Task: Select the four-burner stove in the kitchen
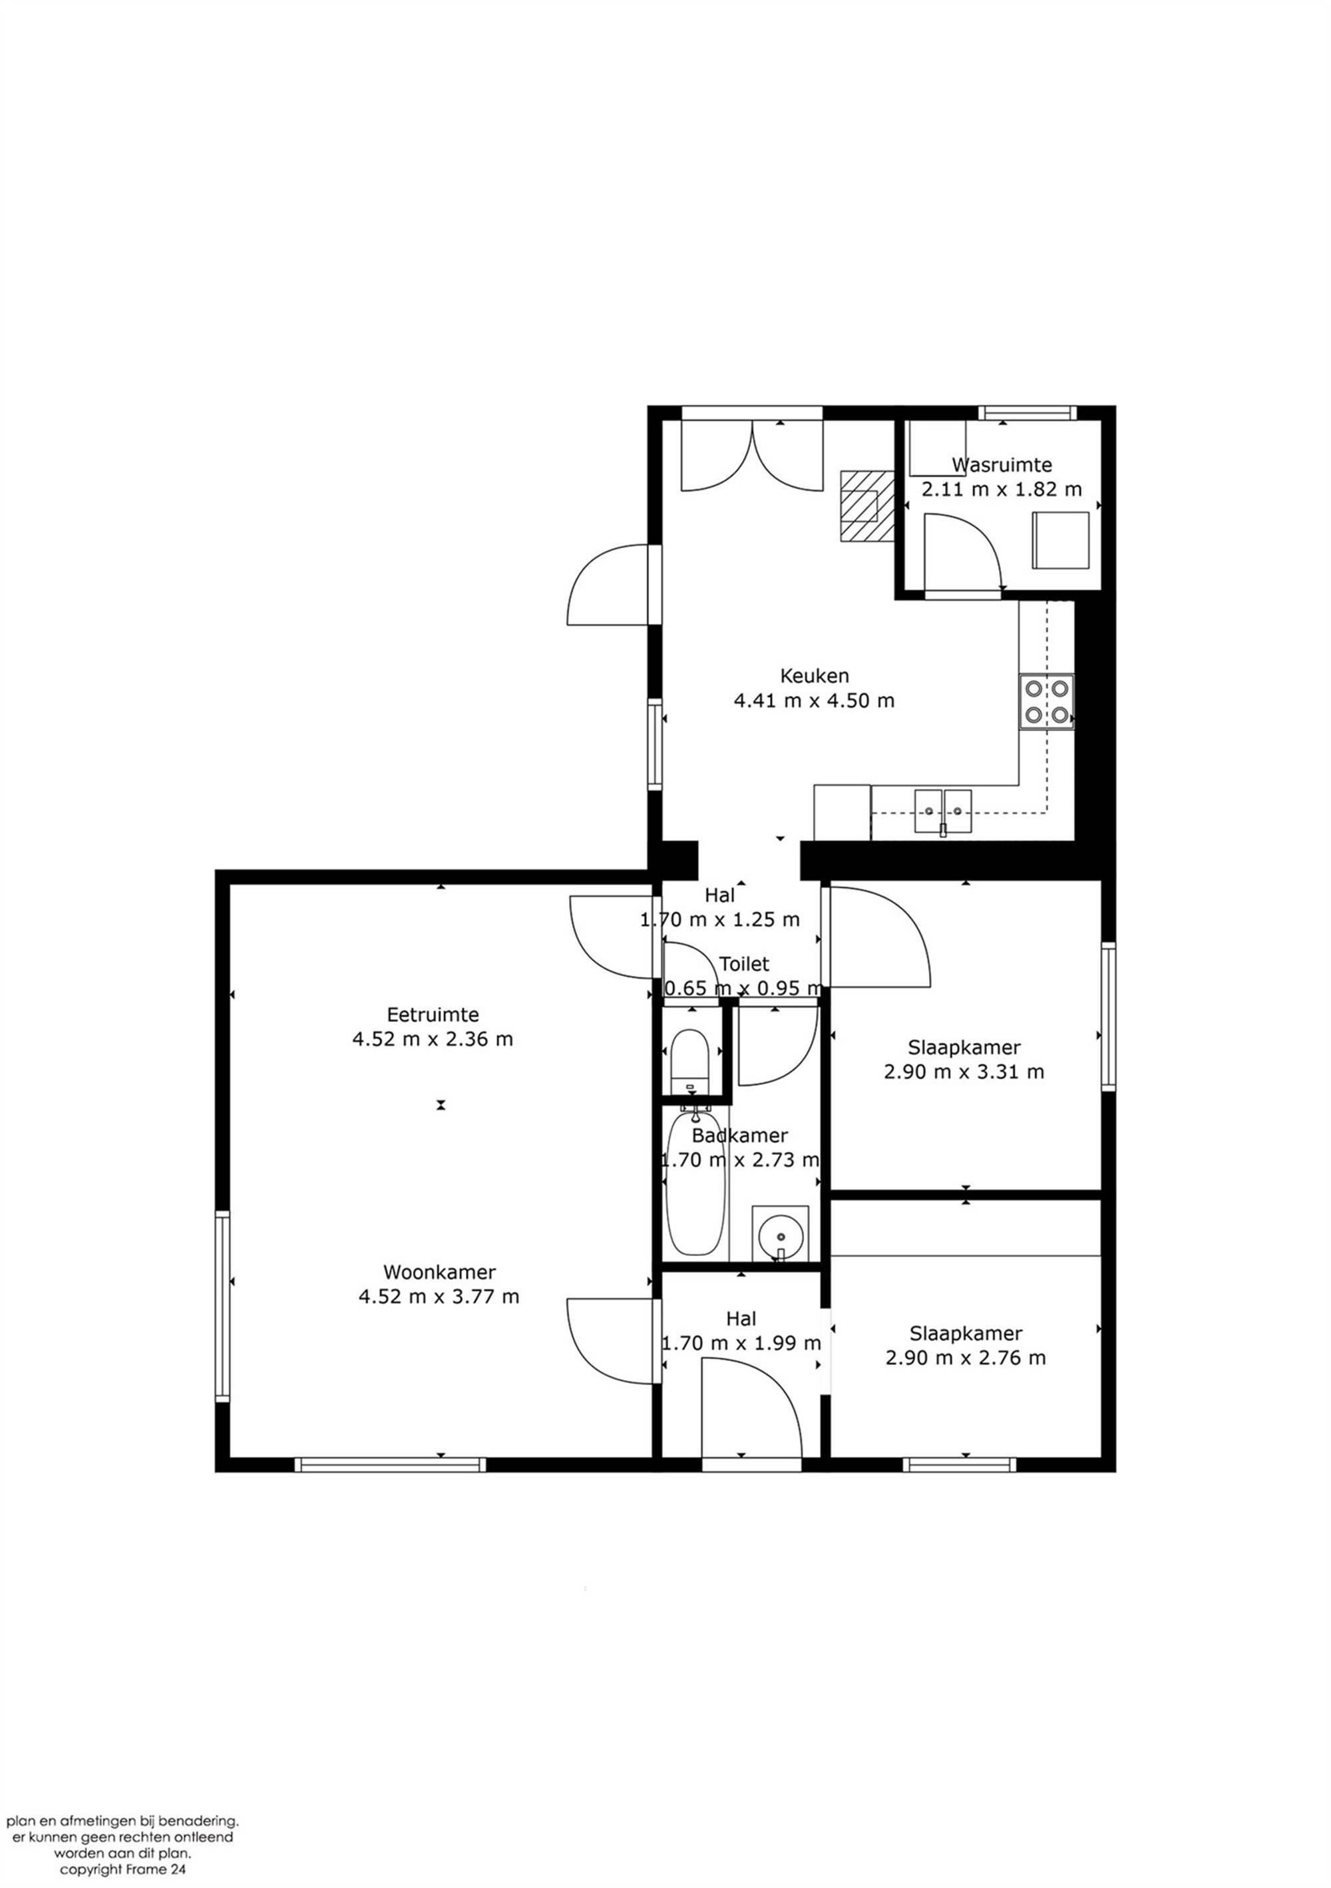pos(1046,701)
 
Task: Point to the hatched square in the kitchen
pos(866,506)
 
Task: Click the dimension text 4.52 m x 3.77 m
pos(439,1297)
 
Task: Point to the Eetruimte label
pos(433,1015)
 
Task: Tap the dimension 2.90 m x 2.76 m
pos(965,1358)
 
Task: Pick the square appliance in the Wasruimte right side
pos(1060,540)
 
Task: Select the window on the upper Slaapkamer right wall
pos(1107,1017)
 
